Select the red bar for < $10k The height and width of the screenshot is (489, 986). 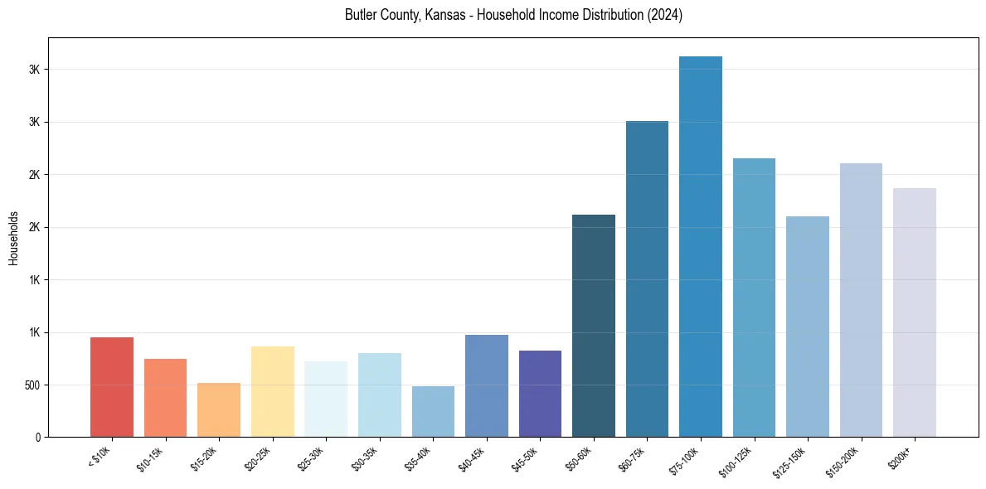112,387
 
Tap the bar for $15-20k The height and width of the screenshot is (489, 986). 219,410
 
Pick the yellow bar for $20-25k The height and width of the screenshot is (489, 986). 273,392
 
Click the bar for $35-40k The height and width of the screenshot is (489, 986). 433,412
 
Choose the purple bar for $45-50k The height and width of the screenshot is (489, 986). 540,394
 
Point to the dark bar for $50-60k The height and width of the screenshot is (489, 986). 594,326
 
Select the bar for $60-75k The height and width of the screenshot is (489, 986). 647,279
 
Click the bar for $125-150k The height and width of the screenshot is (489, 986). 808,327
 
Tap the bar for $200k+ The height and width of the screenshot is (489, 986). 915,312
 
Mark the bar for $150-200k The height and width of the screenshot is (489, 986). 861,300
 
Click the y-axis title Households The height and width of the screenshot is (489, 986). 13,238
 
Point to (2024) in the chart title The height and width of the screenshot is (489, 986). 664,15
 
